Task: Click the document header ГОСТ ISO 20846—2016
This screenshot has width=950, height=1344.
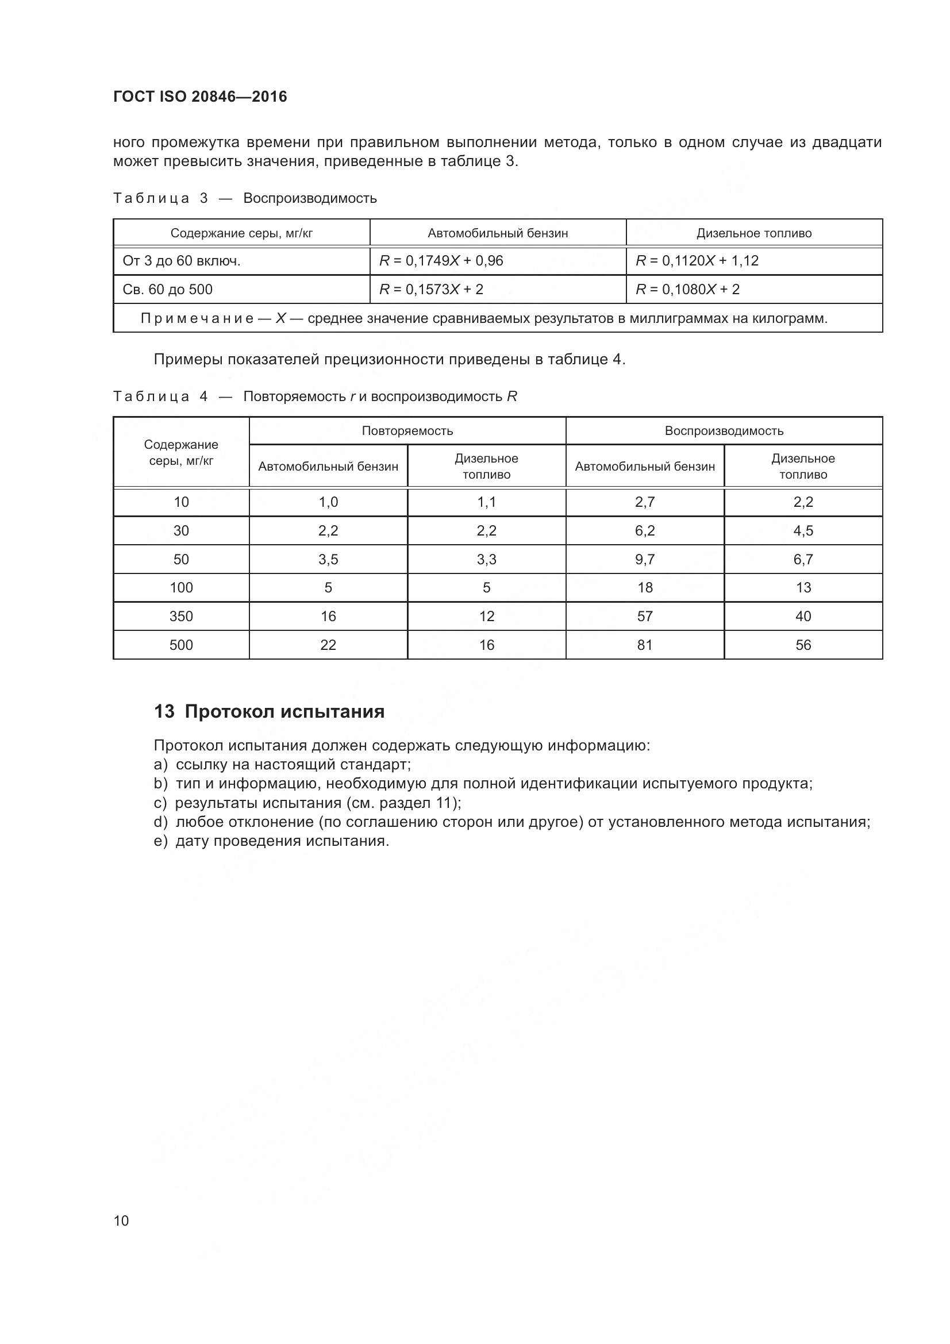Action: (x=199, y=97)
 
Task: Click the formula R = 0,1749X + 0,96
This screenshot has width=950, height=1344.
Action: (x=441, y=260)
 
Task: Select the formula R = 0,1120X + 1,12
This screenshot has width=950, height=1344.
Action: (x=697, y=260)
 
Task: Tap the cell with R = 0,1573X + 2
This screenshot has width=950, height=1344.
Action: (x=431, y=289)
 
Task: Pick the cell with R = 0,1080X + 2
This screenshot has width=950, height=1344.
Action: (x=687, y=289)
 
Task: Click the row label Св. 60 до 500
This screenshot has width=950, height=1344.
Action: (x=167, y=289)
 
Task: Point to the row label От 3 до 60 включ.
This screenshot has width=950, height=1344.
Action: (x=182, y=260)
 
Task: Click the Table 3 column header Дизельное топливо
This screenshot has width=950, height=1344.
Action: (x=753, y=233)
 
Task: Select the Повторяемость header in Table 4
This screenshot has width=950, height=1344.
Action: (x=407, y=431)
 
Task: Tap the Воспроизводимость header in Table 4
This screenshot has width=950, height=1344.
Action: (x=724, y=431)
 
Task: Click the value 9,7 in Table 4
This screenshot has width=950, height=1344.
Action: (x=644, y=559)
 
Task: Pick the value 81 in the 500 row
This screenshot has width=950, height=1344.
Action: (x=644, y=645)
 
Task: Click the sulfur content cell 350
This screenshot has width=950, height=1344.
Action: (x=181, y=616)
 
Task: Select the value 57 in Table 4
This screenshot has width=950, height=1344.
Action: (x=644, y=616)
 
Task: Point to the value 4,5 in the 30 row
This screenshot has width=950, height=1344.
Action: (x=802, y=530)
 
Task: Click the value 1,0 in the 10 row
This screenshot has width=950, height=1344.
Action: (x=328, y=502)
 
